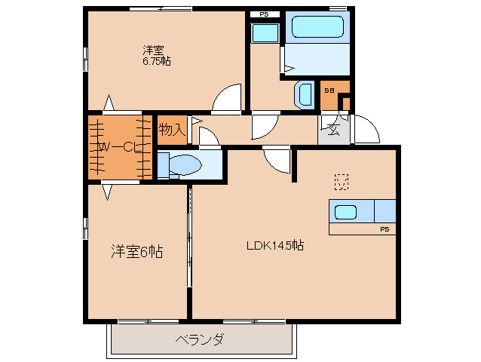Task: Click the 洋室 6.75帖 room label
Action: (155, 56)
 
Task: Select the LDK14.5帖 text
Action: (274, 245)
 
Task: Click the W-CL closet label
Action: (118, 147)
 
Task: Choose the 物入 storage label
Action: (172, 129)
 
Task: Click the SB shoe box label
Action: (329, 90)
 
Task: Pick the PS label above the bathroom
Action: (264, 14)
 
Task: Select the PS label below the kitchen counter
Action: (384, 229)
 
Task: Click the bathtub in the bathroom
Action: (317, 27)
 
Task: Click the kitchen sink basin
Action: (345, 211)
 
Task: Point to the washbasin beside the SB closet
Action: (305, 94)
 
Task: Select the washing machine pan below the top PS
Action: (265, 33)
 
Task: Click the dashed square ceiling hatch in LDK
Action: (342, 182)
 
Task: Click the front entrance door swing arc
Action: (367, 128)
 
